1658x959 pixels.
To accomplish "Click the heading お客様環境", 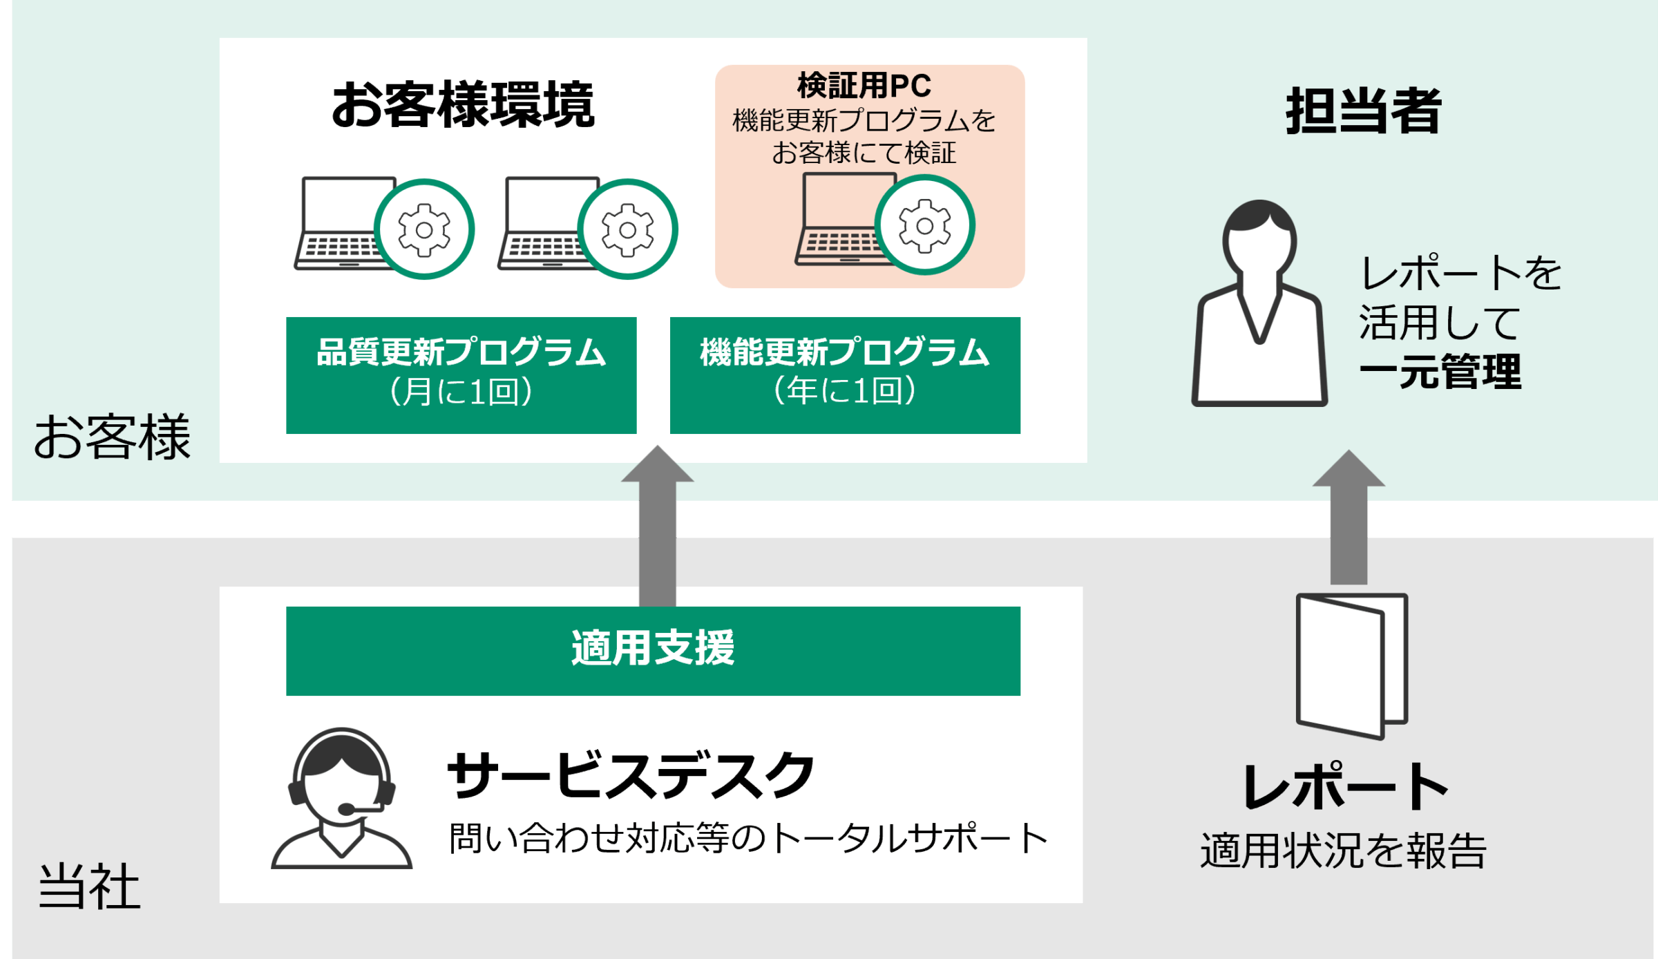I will tap(463, 105).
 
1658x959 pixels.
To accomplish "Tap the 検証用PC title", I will tap(864, 86).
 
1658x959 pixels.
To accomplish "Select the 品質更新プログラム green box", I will tap(461, 374).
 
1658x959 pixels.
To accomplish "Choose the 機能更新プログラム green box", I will tap(844, 374).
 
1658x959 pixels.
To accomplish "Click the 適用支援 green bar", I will tap(653, 650).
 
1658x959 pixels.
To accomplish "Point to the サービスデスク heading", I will tap(631, 775).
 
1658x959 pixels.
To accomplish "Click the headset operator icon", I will tap(341, 798).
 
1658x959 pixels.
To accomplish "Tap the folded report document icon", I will tap(1351, 665).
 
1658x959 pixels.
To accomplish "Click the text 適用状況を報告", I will tap(1343, 851).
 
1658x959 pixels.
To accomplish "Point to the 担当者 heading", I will tap(1363, 111).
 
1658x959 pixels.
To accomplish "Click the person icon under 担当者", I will tap(1259, 304).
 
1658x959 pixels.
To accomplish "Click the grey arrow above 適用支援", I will tap(657, 525).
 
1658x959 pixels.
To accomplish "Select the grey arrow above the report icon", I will tap(1349, 518).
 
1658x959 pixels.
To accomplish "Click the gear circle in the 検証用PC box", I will tap(924, 225).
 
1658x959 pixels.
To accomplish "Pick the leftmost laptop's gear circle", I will tap(424, 229).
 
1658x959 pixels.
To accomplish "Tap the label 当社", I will tap(89, 886).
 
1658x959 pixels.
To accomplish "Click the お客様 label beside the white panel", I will tap(111, 437).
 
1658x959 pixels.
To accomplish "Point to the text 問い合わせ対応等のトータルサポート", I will tap(747, 838).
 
